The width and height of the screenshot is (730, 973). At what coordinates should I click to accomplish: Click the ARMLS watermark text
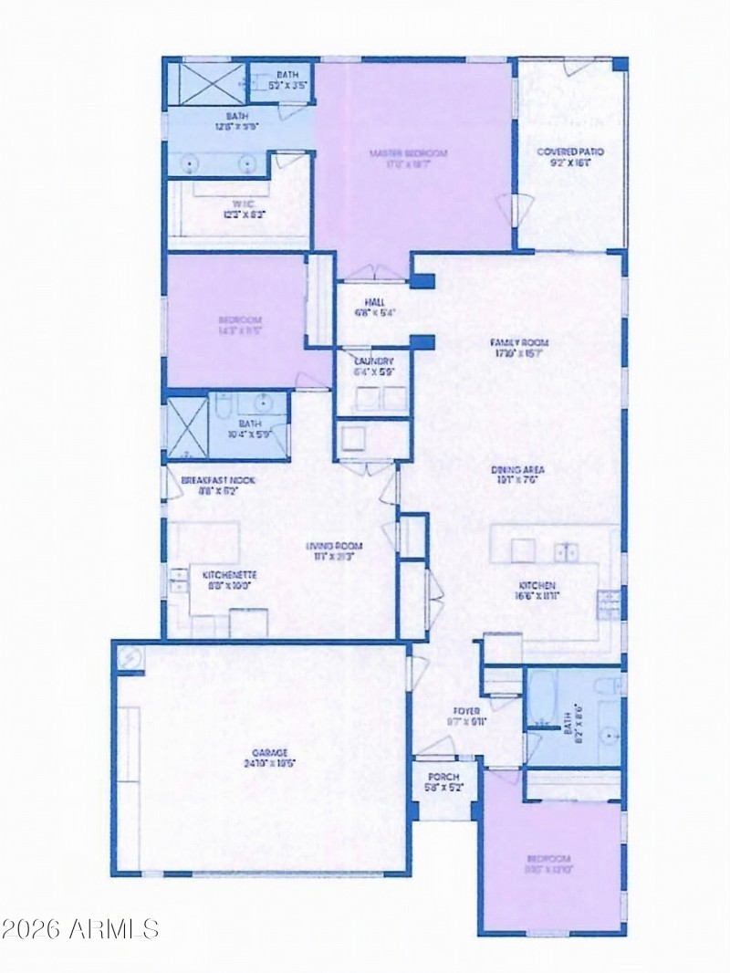[x=80, y=929]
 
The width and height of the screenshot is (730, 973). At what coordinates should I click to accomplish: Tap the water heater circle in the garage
[x=129, y=657]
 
